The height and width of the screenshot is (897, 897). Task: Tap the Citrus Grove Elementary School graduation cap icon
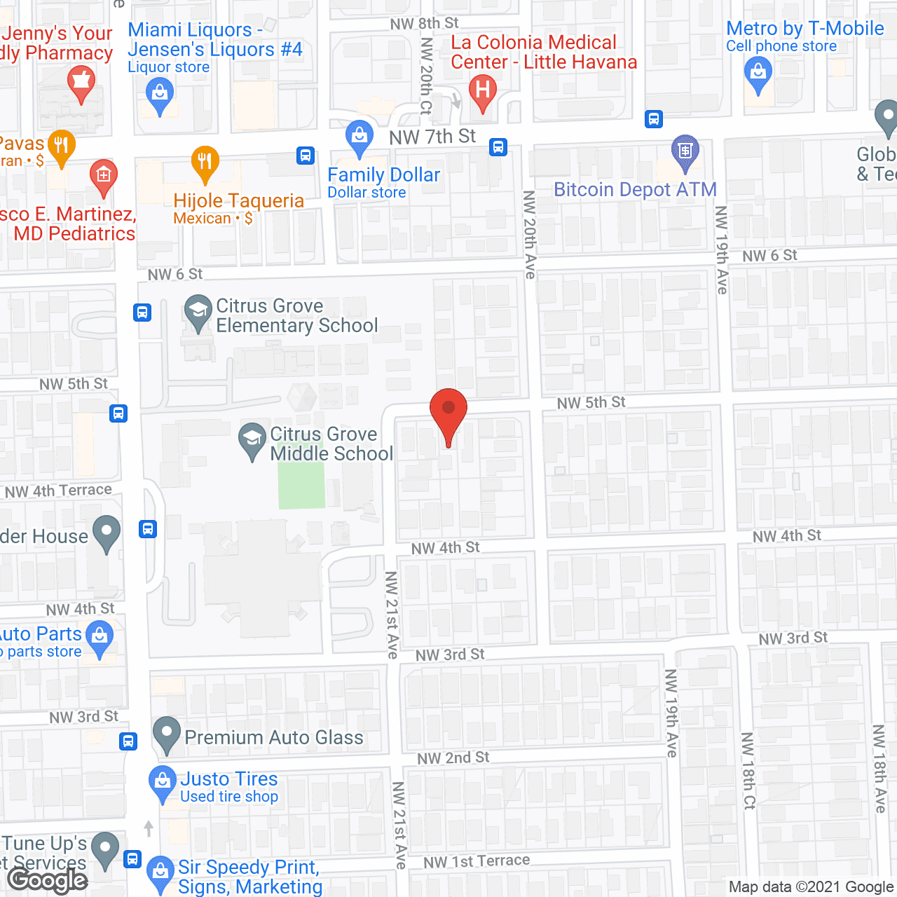(x=198, y=311)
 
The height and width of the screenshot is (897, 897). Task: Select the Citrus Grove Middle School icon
(x=252, y=439)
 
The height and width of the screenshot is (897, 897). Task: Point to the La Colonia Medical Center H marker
(x=482, y=92)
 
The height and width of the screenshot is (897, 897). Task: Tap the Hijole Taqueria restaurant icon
(x=205, y=163)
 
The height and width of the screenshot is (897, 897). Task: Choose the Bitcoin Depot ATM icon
(x=685, y=151)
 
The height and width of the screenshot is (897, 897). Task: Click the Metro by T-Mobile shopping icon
(x=758, y=73)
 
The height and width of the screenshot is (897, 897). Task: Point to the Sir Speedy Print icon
(x=160, y=873)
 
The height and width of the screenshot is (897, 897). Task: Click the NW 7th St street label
(x=432, y=137)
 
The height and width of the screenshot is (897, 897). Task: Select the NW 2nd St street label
(x=453, y=758)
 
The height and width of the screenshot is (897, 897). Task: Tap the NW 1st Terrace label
(x=477, y=861)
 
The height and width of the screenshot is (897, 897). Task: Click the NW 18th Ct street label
(x=748, y=771)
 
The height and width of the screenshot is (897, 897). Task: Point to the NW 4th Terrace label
(x=58, y=491)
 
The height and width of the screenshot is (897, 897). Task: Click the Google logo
(x=48, y=880)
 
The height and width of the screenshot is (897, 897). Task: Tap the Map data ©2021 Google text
(x=811, y=887)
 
